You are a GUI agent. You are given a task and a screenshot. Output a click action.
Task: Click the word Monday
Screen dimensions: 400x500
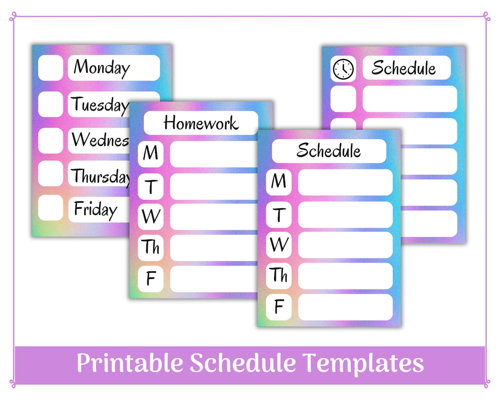click(x=102, y=68)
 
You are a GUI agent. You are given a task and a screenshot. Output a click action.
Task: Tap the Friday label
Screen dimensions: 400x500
click(x=95, y=209)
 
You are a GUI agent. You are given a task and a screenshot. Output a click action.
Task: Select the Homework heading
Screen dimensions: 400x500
click(x=200, y=123)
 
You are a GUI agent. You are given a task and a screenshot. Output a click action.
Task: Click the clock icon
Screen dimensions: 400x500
click(x=343, y=69)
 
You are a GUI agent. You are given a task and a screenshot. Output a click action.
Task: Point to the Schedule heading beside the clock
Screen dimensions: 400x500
click(x=404, y=68)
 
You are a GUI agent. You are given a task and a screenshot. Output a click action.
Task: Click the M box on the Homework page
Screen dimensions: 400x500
click(x=150, y=153)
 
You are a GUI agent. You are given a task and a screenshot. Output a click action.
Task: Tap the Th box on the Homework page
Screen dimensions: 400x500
click(x=150, y=247)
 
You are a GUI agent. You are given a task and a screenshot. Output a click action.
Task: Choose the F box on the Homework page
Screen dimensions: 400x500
click(x=150, y=279)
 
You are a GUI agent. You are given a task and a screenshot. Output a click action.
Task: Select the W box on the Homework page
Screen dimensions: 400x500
click(x=150, y=216)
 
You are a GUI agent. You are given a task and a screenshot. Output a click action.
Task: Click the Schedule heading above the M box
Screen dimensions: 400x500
click(x=329, y=150)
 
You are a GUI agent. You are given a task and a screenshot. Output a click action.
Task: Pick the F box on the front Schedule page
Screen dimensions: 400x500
click(x=279, y=307)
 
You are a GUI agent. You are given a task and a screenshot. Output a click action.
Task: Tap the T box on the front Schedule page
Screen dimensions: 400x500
click(x=279, y=214)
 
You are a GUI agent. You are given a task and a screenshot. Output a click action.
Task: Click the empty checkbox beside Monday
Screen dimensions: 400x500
click(x=50, y=68)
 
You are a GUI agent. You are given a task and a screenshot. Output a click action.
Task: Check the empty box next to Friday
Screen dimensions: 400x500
click(x=50, y=208)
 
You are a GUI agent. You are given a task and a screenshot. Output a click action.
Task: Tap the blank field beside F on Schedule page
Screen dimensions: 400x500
click(x=345, y=307)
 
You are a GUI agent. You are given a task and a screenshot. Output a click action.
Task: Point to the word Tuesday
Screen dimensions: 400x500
click(x=99, y=105)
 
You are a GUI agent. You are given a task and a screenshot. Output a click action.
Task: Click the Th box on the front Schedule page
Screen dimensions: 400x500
click(x=279, y=275)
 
